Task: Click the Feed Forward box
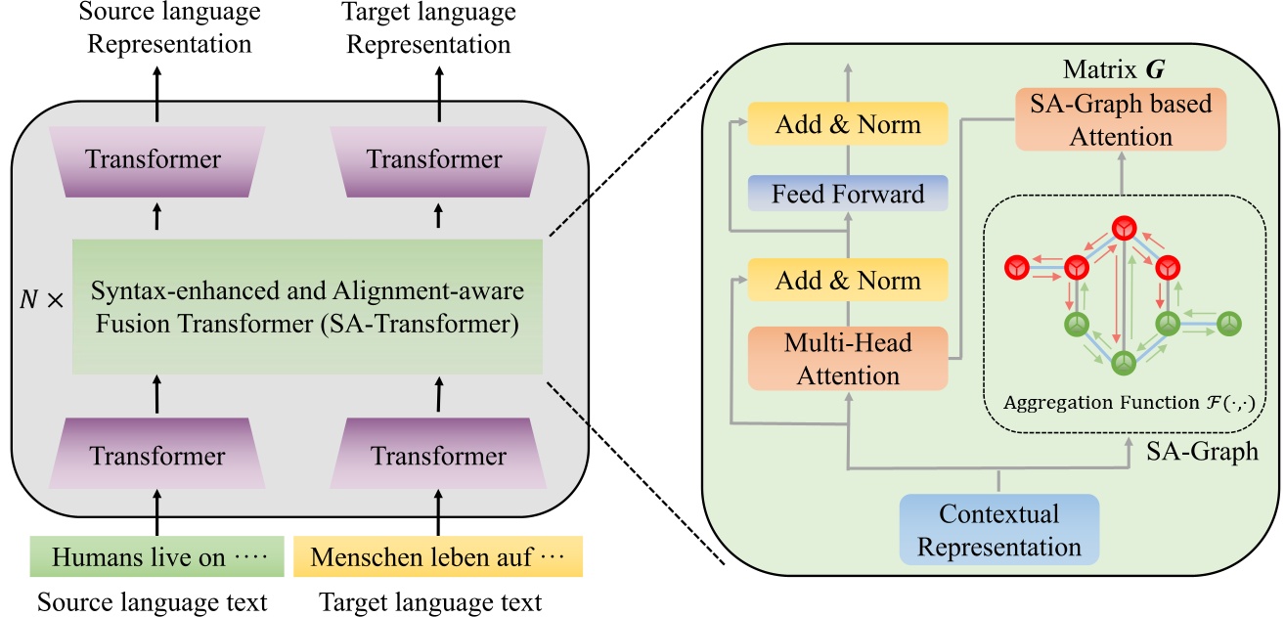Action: [x=848, y=194]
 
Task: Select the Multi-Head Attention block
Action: [x=848, y=357]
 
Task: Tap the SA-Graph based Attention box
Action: [x=1121, y=119]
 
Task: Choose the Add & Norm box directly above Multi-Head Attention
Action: [x=848, y=280]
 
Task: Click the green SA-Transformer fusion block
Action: [x=307, y=307]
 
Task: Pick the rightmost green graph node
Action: [x=1230, y=323]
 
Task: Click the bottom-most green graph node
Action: [x=1123, y=364]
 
